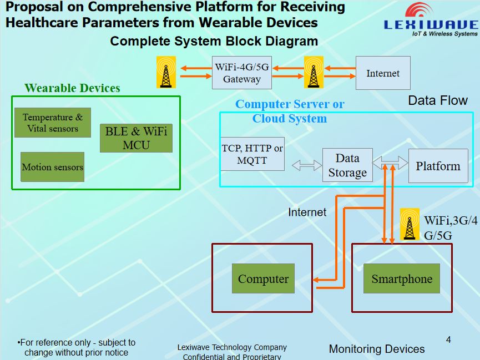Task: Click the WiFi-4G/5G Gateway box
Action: point(242,73)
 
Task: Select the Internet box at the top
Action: point(383,73)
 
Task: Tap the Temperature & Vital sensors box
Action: point(52,123)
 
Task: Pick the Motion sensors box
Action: point(52,167)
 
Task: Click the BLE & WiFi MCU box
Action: point(136,138)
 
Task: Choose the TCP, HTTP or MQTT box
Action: point(252,154)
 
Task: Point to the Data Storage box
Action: point(347,165)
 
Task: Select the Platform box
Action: point(438,166)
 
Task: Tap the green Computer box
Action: point(263,278)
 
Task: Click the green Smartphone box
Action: point(402,278)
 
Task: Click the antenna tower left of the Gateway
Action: point(166,72)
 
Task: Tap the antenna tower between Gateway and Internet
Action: point(314,72)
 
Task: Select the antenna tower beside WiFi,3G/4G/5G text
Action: point(410,224)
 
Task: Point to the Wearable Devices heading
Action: point(72,88)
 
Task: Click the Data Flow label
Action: point(438,100)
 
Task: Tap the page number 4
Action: point(448,339)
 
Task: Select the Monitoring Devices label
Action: point(377,349)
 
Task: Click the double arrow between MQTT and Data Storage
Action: point(307,165)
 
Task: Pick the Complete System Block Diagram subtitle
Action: point(214,42)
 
